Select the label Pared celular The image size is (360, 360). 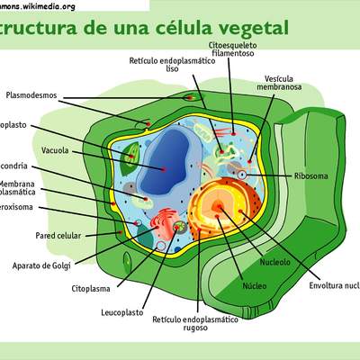pyautogui.click(x=31, y=236)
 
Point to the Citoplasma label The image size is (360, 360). pyautogui.click(x=91, y=290)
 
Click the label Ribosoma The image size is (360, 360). pyautogui.click(x=312, y=175)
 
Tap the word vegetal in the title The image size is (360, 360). pyautogui.click(x=254, y=28)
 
